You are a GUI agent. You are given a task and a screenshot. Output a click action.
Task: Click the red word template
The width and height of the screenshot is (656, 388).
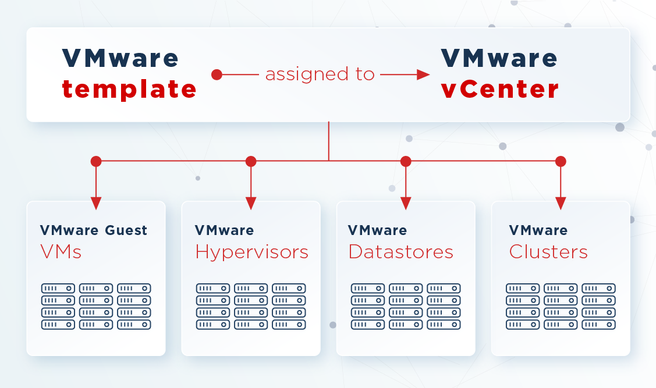coord(129,89)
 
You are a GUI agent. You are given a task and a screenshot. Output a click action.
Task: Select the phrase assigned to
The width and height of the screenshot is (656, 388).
coord(320,74)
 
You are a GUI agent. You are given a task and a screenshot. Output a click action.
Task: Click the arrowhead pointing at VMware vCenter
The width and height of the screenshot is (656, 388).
coord(423,75)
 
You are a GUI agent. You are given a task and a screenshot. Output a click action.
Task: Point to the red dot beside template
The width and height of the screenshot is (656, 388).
coord(217,75)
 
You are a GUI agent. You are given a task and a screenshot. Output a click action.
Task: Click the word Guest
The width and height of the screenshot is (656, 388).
coord(126,230)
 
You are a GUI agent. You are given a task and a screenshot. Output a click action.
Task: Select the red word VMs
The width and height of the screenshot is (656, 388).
coord(61,252)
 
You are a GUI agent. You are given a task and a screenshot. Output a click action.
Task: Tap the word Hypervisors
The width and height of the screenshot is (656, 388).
coord(252,252)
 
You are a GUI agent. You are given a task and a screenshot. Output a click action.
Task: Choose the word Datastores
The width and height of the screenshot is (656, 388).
coord(401,252)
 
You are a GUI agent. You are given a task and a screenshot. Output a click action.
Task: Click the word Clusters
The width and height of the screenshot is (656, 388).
coord(548,252)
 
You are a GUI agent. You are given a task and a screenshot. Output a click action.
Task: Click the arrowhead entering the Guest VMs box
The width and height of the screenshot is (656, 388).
coord(96,203)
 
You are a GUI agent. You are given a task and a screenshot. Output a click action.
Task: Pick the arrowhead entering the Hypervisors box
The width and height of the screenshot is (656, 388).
coord(251,203)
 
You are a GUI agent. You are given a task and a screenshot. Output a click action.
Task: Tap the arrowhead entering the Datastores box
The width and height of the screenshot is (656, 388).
coord(406,203)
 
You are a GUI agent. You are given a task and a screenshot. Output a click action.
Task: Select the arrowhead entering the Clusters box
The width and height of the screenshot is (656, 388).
coord(561,203)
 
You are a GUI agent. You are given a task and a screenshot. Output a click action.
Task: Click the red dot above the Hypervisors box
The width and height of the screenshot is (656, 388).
coord(251,161)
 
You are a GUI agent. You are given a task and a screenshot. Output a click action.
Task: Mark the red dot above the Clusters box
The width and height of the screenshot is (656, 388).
coord(561,161)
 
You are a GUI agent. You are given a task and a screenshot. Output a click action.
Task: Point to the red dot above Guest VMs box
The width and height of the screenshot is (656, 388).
coord(96,161)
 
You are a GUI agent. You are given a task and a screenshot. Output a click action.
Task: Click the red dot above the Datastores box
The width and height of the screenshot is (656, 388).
coord(406,161)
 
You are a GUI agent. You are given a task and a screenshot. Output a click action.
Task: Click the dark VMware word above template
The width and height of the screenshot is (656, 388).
coord(120,58)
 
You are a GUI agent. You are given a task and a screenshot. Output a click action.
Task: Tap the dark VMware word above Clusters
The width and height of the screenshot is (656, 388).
coord(538,230)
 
